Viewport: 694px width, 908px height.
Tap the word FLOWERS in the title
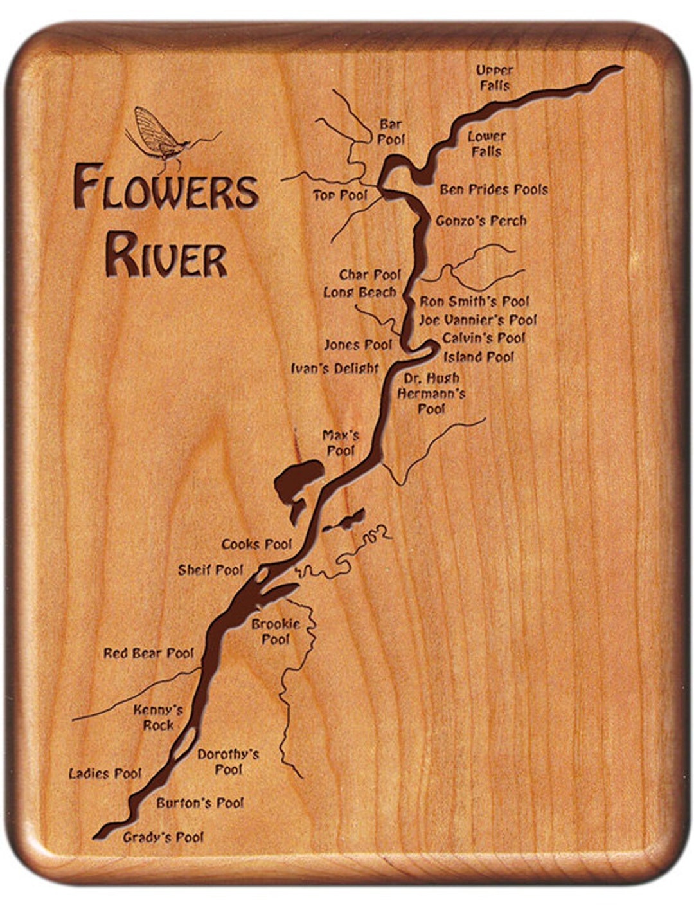coord(166,187)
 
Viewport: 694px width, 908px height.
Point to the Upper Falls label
coord(494,78)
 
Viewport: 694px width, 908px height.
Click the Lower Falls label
coord(486,144)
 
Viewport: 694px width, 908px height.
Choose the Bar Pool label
coord(391,131)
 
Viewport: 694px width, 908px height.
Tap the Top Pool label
coord(340,195)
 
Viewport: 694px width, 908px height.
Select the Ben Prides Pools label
coord(494,190)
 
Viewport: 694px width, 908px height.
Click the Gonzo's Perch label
coord(481,221)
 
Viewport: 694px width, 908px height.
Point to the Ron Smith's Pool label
coord(474,301)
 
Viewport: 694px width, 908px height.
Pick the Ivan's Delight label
coord(335,368)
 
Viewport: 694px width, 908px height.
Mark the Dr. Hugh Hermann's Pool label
coord(431,393)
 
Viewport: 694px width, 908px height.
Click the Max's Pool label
coord(341,443)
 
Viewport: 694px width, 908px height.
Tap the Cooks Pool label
coord(256,545)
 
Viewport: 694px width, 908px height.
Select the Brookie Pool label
coord(276,631)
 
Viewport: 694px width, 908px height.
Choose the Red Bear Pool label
coord(148,653)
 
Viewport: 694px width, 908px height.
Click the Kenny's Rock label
coord(158,718)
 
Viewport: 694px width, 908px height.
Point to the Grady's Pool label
coord(163,837)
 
